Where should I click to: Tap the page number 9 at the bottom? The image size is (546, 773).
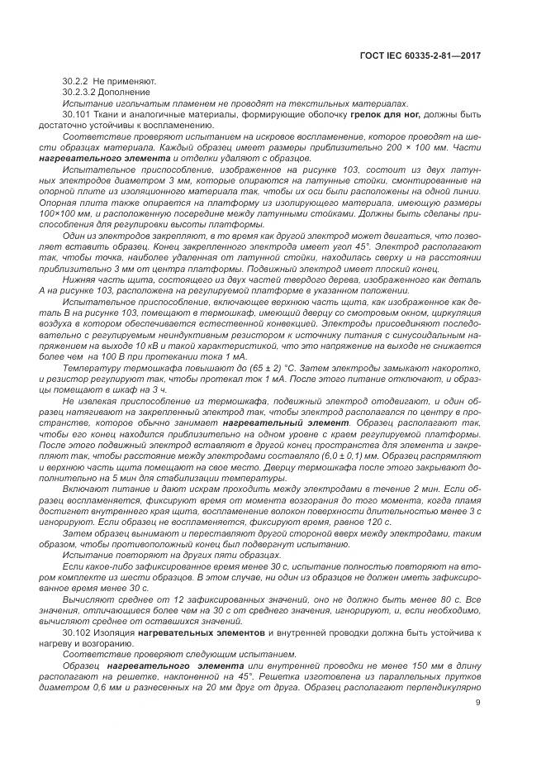tap(479, 704)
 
